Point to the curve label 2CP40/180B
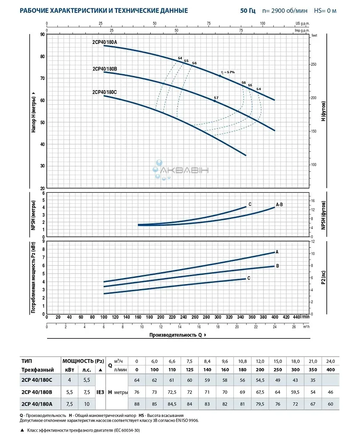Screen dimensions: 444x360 click(105, 69)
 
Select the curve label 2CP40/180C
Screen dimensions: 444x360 click(105, 92)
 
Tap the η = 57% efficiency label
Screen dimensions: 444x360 click(228, 72)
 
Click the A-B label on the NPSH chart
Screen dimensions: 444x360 click(280, 205)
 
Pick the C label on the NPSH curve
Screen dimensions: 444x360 click(250, 204)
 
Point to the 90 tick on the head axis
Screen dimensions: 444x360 click(42, 35)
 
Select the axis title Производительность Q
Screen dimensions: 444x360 click(177, 335)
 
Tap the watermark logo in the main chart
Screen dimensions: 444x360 click(180, 170)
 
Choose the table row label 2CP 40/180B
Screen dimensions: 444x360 click(37, 392)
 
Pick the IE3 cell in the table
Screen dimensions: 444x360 click(100, 392)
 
